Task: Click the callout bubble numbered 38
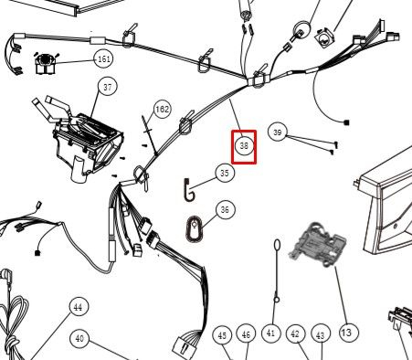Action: tap(244, 146)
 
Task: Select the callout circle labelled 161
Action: tap(104, 58)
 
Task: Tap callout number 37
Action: tap(108, 88)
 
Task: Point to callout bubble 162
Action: tap(162, 109)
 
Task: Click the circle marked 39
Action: tap(278, 132)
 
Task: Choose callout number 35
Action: tap(225, 173)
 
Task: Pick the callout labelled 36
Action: tap(225, 210)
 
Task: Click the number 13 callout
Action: tap(347, 333)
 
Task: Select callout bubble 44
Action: tap(79, 307)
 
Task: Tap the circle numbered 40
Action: tap(79, 338)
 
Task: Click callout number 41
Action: tap(271, 334)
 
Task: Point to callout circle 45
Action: tap(223, 335)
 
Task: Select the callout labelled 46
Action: tap(246, 334)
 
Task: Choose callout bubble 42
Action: tap(295, 334)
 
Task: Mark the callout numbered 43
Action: tap(321, 335)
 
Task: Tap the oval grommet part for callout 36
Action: tap(194, 229)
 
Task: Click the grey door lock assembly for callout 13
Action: tap(319, 245)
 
